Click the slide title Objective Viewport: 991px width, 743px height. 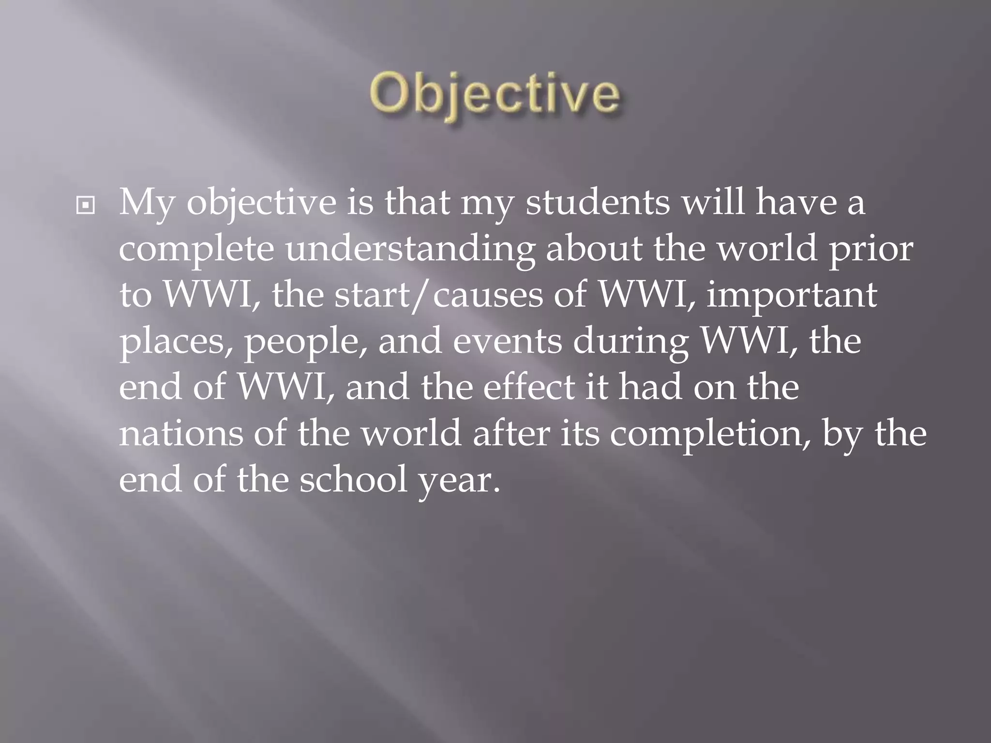(x=494, y=95)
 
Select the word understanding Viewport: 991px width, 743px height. (x=410, y=250)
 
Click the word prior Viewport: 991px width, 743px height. (x=871, y=250)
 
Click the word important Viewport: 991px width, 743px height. (x=791, y=295)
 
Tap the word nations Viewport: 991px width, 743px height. (x=181, y=433)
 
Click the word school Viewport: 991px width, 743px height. (x=354, y=479)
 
